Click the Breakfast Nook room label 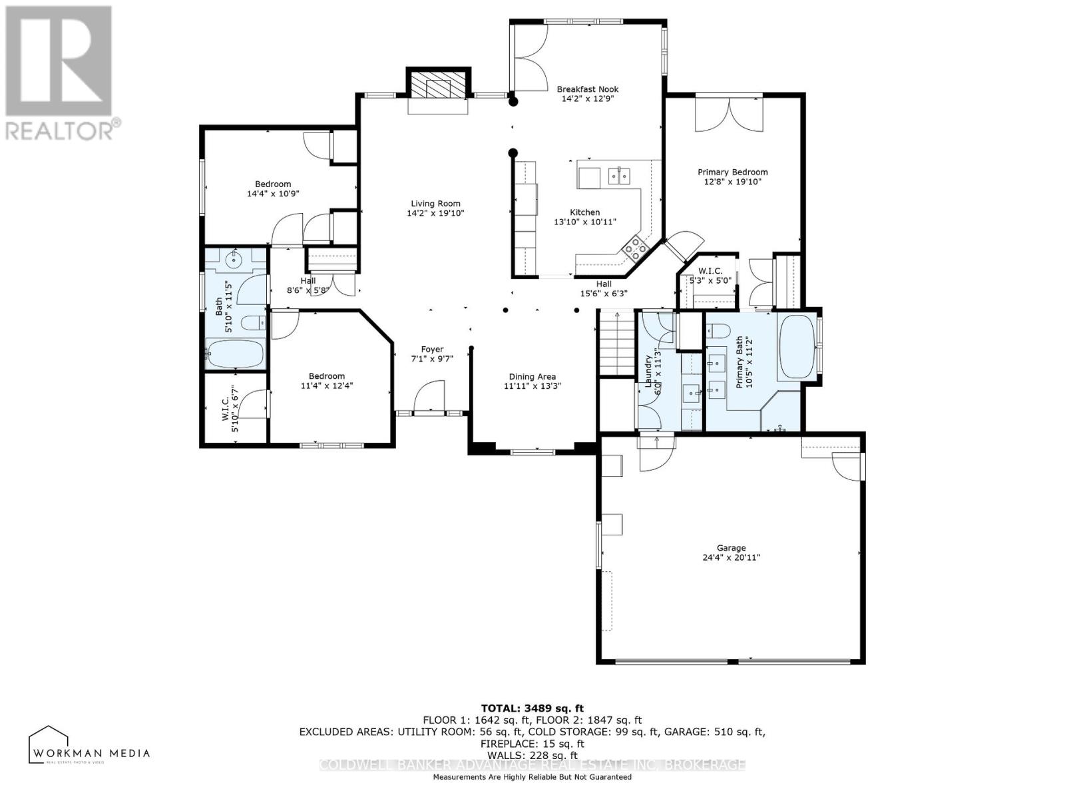coord(587,89)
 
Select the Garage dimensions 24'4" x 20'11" coord(731,557)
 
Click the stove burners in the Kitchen coord(635,247)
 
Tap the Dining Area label coord(532,376)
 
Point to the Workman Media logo coord(89,745)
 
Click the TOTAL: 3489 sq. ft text coord(532,708)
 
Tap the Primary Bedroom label coord(732,172)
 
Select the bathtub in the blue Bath coord(234,354)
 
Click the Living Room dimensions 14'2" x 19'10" coord(435,214)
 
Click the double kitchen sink coord(619,176)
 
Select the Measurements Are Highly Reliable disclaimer coord(532,777)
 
